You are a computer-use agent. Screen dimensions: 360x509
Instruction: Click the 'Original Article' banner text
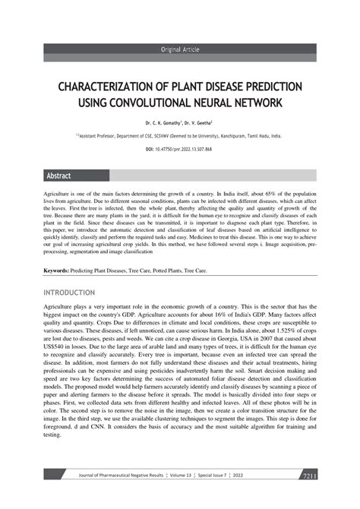[x=179, y=49]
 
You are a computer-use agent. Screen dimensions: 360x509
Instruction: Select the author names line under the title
[x=179, y=122]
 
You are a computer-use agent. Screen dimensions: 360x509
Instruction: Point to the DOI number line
[x=179, y=150]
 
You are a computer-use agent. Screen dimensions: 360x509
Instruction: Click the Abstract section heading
[x=59, y=175]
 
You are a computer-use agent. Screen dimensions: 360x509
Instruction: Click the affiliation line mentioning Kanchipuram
[x=179, y=136]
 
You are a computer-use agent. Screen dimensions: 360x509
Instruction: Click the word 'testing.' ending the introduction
[x=52, y=435]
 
